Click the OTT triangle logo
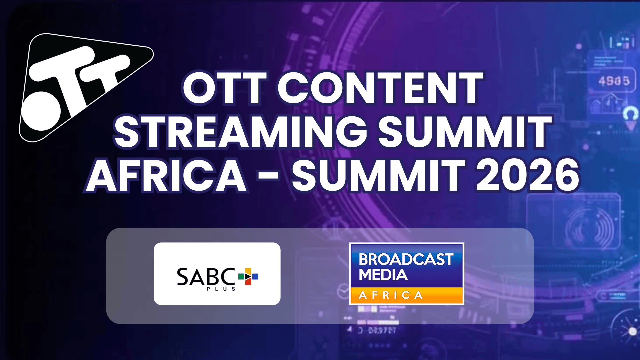tap(83, 87)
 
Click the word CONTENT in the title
tap(380, 89)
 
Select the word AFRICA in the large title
tap(167, 176)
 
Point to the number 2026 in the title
tap(528, 176)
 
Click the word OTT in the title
tap(225, 89)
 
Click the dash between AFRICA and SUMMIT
tap(268, 176)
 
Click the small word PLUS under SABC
tap(221, 289)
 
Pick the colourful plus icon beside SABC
tap(248, 276)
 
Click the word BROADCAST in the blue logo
tap(406, 259)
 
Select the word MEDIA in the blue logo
tap(383, 275)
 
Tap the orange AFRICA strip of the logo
tap(406, 295)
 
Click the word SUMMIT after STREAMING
tap(465, 132)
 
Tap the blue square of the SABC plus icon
tap(255, 276)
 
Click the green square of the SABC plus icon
tap(241, 276)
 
